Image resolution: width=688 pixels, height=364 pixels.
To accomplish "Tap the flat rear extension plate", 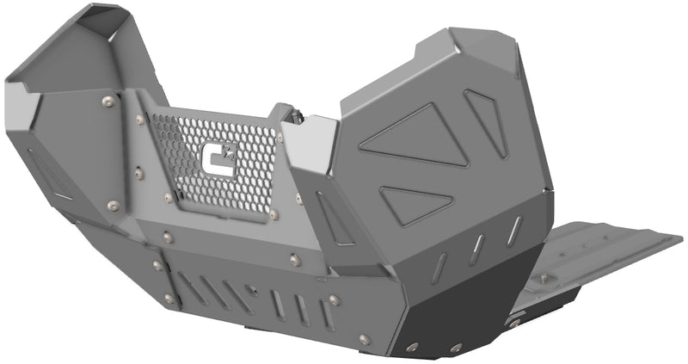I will [602, 250].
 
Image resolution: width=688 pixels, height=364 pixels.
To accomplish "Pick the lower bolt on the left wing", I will [113, 205].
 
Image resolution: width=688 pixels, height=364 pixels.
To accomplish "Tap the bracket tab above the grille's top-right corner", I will [284, 112].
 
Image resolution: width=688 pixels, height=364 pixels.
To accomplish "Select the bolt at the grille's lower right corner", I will [274, 213].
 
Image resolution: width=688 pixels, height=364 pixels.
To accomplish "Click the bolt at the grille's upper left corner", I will [140, 120].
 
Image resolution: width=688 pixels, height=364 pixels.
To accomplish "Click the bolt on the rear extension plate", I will [543, 279].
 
